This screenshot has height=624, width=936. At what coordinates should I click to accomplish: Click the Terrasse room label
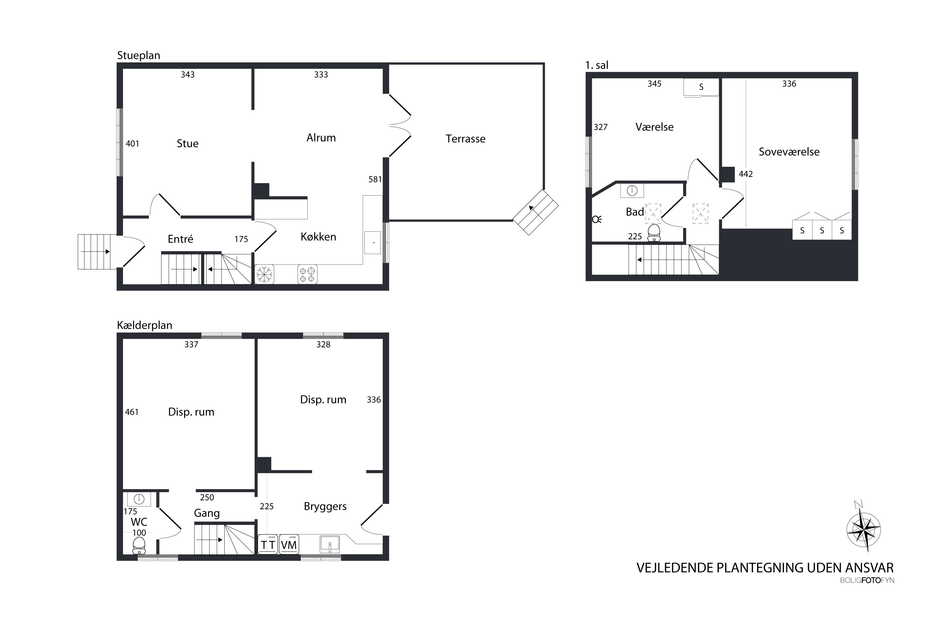click(465, 139)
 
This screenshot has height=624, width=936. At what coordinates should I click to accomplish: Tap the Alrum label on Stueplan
click(321, 138)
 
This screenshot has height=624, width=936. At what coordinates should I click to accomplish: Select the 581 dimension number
click(375, 179)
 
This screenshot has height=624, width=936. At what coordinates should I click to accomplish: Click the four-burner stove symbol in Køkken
click(307, 274)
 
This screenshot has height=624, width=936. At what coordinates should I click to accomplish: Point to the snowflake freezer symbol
click(264, 274)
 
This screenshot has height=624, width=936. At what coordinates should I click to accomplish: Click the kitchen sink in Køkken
click(372, 242)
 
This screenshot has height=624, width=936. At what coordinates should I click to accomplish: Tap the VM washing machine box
click(289, 544)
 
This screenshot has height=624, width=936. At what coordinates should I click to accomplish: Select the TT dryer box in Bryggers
click(268, 544)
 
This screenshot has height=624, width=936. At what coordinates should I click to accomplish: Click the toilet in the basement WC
click(139, 545)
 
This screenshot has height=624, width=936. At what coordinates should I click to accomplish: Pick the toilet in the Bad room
click(654, 233)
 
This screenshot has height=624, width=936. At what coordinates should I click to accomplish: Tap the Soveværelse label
click(789, 152)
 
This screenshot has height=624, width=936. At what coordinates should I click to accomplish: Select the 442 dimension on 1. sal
click(745, 174)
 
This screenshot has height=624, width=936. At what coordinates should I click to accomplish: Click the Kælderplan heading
click(144, 325)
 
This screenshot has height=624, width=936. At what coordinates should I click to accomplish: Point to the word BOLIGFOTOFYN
click(867, 580)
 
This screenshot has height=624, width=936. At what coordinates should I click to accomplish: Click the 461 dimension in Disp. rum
click(132, 412)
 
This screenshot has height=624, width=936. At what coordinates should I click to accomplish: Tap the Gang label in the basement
click(207, 513)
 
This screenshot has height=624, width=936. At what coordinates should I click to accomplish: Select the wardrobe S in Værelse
click(701, 87)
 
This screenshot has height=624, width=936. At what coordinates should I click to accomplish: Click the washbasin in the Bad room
click(632, 191)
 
